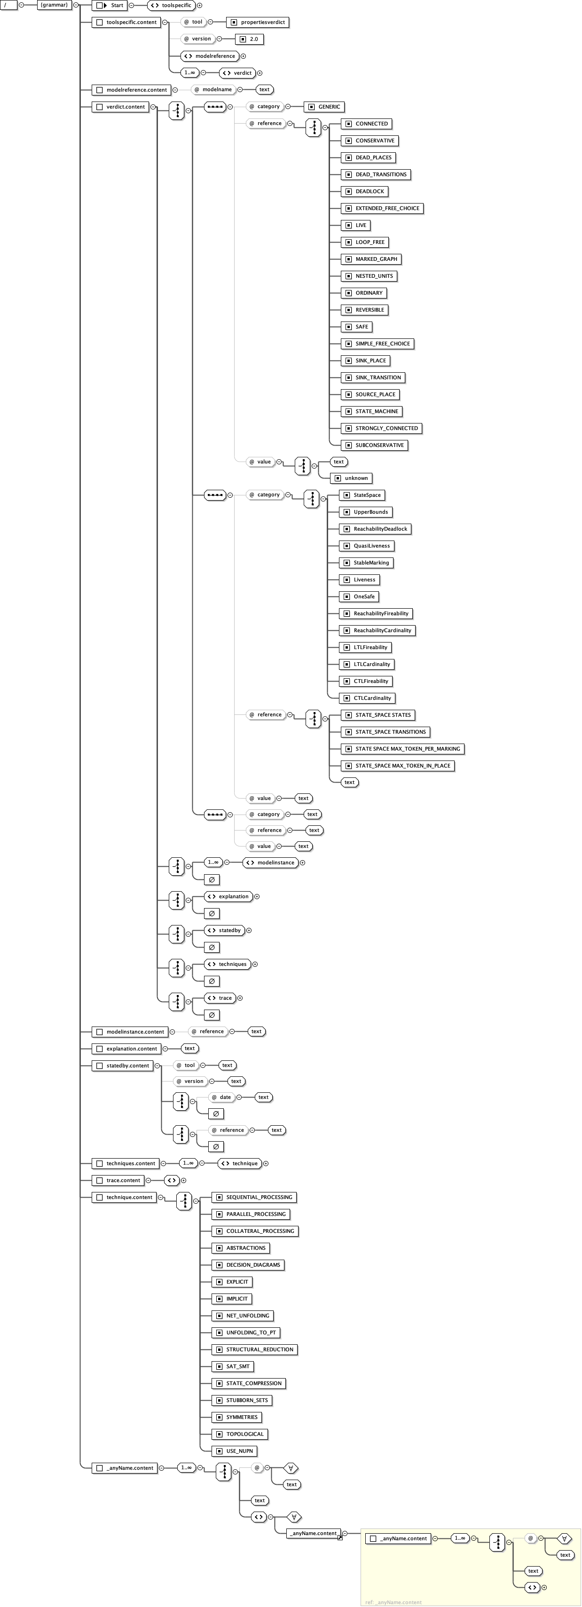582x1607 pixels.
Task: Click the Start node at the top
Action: pos(110,6)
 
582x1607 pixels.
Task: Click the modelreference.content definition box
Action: pos(131,90)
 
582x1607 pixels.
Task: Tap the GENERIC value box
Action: pos(324,107)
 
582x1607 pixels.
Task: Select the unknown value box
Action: pos(351,478)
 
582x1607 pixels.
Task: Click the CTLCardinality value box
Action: pos(368,698)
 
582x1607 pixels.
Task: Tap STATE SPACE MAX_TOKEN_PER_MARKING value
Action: pos(402,749)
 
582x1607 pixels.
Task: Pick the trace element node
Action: pos(220,998)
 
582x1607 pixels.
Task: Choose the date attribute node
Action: pos(221,1097)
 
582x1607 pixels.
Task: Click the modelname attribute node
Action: pos(213,90)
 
